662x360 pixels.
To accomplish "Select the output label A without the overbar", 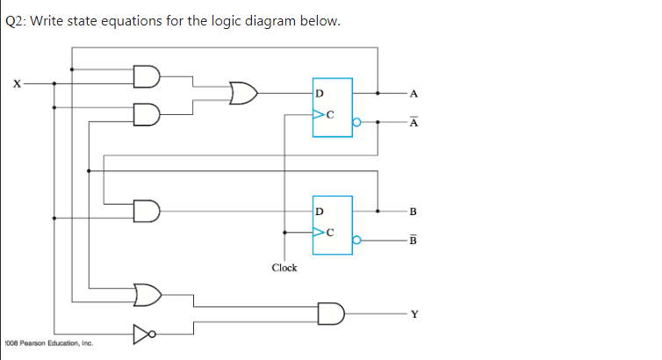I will point(414,93).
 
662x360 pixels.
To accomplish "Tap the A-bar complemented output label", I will point(414,123).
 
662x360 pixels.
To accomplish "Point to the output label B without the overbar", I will point(414,212).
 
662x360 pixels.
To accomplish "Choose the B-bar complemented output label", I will point(414,241).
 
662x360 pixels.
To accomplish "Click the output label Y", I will point(414,313).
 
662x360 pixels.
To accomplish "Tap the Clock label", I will point(284,268).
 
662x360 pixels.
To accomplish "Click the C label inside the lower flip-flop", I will point(330,233).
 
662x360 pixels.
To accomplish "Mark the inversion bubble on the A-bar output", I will point(356,123).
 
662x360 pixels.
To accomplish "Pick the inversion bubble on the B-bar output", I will point(356,239).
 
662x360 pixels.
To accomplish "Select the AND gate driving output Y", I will point(331,312).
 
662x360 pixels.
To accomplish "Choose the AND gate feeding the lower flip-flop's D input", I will point(146,212).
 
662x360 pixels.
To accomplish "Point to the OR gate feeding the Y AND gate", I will point(147,292).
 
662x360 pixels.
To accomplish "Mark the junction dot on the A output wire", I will point(378,93).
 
